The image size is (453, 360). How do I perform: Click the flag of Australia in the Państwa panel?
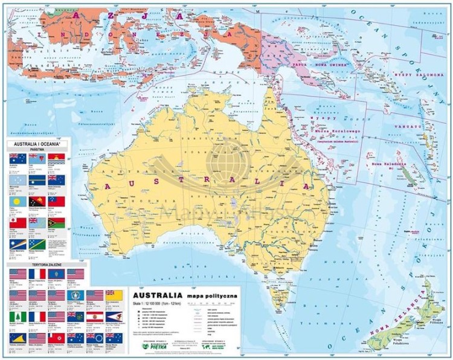point(18,159)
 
